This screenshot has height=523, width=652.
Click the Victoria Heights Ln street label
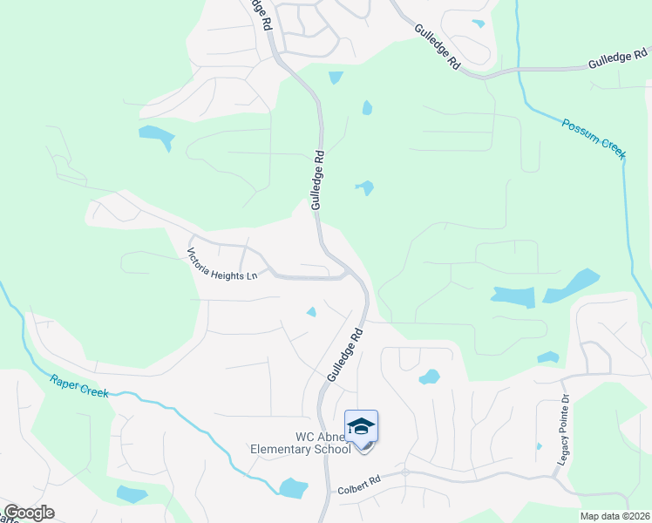pyautogui.click(x=223, y=264)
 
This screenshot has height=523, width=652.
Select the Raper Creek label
pyautogui.click(x=79, y=385)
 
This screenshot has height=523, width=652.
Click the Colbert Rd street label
pyautogui.click(x=359, y=480)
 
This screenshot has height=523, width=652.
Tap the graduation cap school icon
pyautogui.click(x=361, y=427)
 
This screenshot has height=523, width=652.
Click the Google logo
pyautogui.click(x=29, y=513)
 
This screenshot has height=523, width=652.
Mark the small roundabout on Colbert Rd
pyautogui.click(x=405, y=472)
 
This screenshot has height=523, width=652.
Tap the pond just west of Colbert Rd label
pyautogui.click(x=293, y=486)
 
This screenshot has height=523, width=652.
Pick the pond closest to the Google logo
pyautogui.click(x=131, y=494)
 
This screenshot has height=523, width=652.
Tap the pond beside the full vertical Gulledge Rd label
pyautogui.click(x=364, y=187)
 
